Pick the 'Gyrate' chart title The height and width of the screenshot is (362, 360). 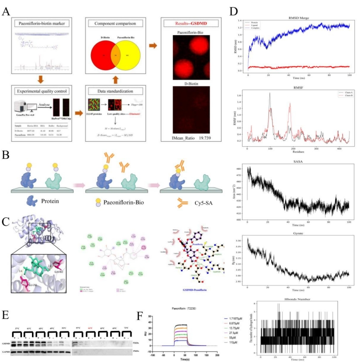click(298, 233)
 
